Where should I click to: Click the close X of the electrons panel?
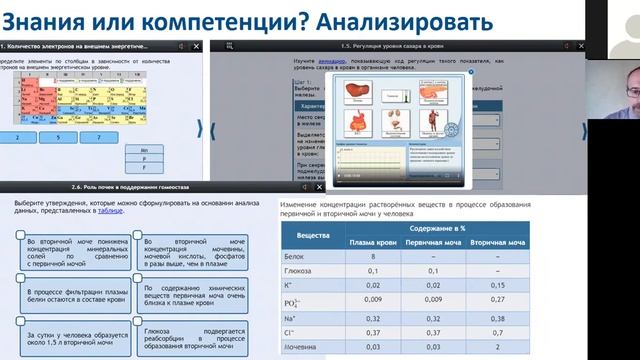(x=197, y=46)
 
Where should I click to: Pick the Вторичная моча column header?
(x=498, y=243)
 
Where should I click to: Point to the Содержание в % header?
(x=430, y=229)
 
